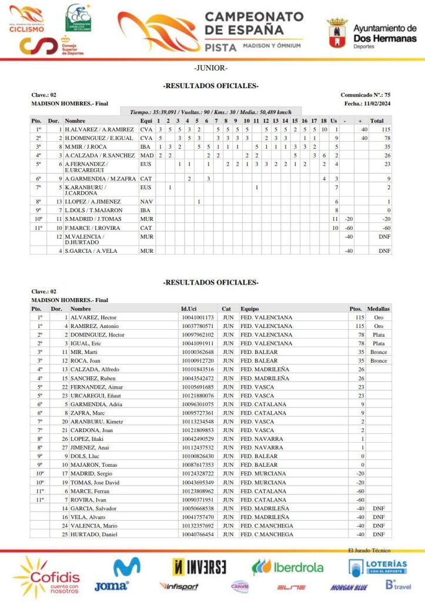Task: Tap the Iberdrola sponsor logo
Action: point(287,567)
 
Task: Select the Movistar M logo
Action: point(127,568)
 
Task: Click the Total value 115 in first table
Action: point(386,129)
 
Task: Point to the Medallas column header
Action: point(378,309)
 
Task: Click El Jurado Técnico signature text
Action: point(369,550)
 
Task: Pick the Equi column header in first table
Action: point(146,121)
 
